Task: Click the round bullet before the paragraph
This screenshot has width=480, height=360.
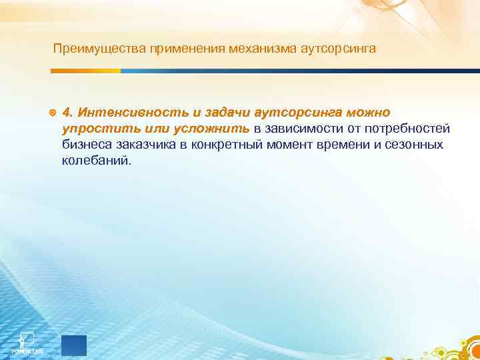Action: pos(53,110)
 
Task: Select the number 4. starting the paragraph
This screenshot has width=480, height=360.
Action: pos(67,110)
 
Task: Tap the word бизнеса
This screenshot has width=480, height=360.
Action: pos(85,144)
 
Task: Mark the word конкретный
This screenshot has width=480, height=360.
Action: pos(221,144)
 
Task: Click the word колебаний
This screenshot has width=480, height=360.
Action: pos(97,161)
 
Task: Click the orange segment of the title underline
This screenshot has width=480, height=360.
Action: pos(87,71)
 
